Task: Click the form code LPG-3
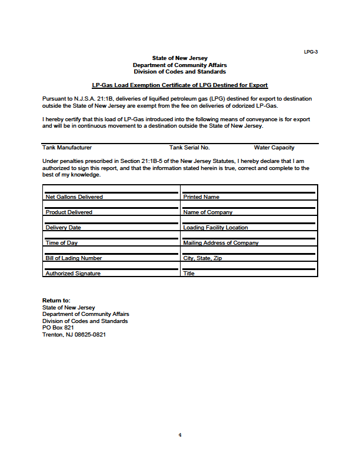[311, 52]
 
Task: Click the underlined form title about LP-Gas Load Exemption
[180, 85]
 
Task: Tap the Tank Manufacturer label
[67, 148]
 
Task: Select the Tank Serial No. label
[189, 148]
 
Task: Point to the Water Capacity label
[274, 148]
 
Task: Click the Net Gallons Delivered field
[111, 193]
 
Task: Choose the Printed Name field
[249, 193]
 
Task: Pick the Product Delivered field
[111, 208]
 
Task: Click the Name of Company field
[249, 208]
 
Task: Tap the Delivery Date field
[111, 224]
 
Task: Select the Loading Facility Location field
[249, 224]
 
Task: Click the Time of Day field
[111, 239]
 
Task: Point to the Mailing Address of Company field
[249, 239]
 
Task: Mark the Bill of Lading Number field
[111, 254]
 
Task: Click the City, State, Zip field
[249, 254]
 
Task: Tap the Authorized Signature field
[111, 269]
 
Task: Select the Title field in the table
[249, 269]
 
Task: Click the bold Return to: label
[56, 301]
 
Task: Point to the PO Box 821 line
[58, 328]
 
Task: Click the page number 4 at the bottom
[180, 435]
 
